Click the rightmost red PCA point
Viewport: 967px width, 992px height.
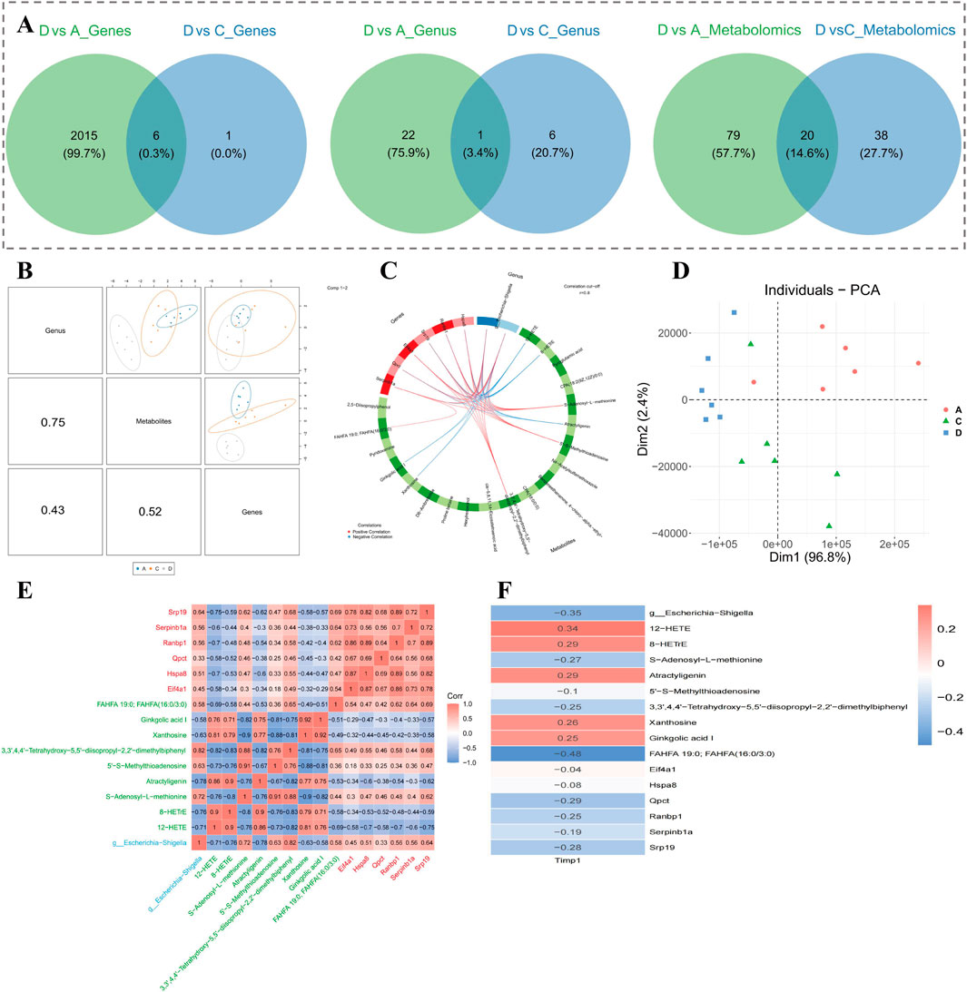click(919, 363)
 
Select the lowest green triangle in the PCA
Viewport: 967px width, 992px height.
click(829, 525)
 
